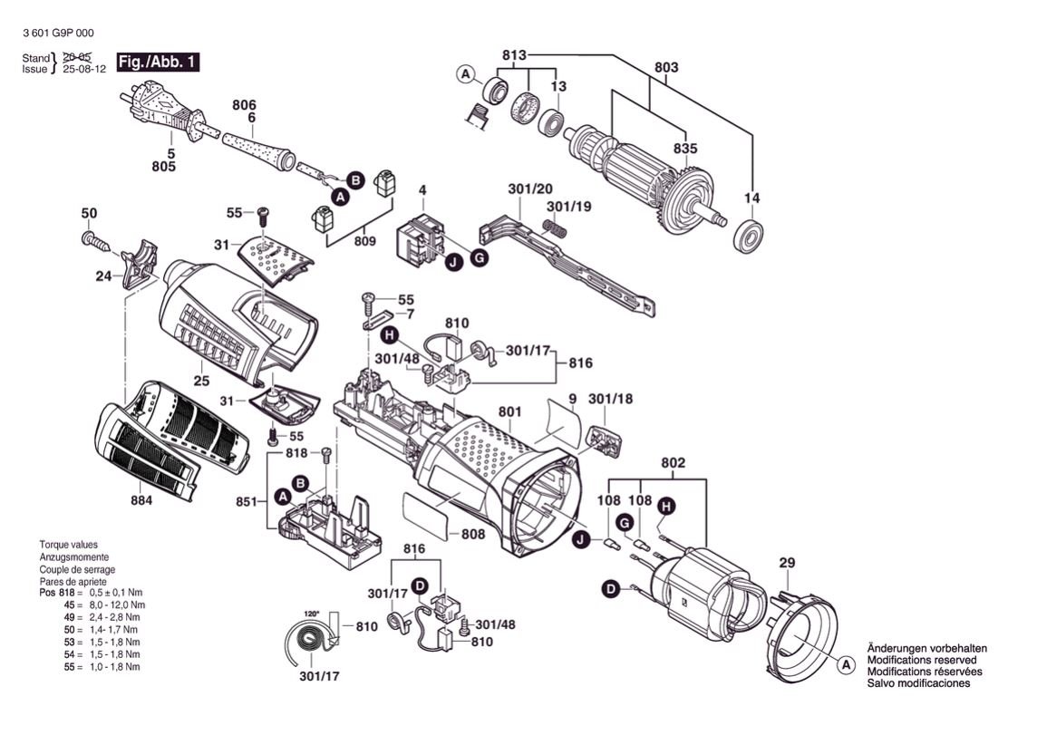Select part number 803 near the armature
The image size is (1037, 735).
point(665,66)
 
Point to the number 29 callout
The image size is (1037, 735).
point(786,563)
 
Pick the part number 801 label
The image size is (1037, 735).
point(510,413)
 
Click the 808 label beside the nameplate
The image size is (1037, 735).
point(472,535)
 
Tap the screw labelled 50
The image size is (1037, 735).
point(93,239)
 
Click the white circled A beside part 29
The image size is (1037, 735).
point(845,666)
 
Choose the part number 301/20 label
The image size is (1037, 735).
point(530,189)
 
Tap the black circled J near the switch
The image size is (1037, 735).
point(451,265)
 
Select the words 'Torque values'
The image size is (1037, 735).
point(68,545)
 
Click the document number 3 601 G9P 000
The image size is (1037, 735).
point(57,34)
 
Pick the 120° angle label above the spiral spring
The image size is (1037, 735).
point(312,614)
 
